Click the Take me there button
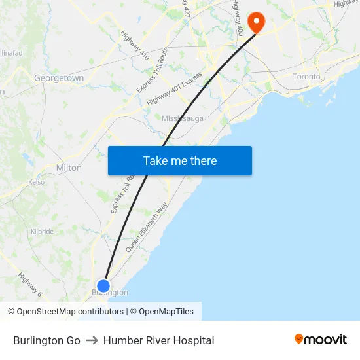point(179,161)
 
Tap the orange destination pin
point(255,22)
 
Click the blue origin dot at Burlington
point(103,285)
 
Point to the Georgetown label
point(59,78)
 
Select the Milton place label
point(69,168)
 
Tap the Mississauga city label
point(183,118)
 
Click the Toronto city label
point(306,77)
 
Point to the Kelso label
point(37,183)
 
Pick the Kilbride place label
point(42,232)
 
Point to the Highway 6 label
point(30,285)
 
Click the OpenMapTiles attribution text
point(164,312)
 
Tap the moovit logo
point(321,340)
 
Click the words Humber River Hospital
point(158,340)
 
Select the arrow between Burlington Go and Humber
point(92,340)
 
